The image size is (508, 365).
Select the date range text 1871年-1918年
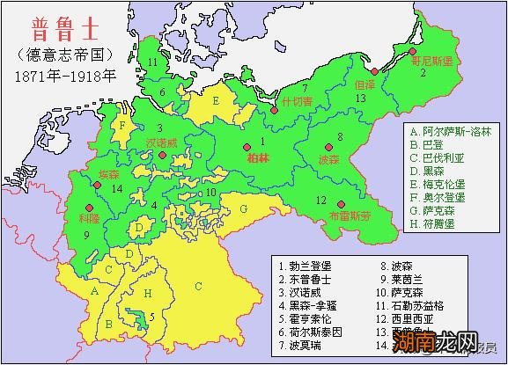(65, 74)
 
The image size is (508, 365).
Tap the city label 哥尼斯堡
(431, 62)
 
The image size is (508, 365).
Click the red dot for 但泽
(374, 71)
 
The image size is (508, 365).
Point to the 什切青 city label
(297, 100)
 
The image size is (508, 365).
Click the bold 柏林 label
(259, 157)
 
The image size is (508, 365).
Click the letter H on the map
(149, 292)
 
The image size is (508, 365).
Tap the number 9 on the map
(87, 236)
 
